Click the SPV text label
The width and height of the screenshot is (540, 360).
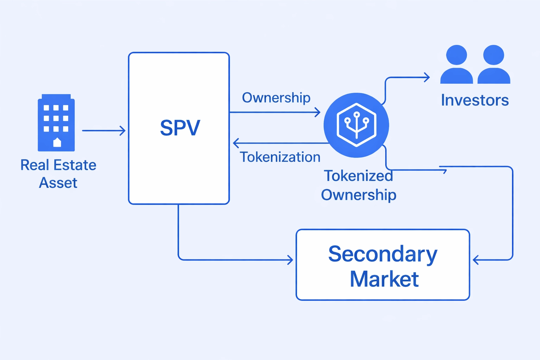click(x=180, y=128)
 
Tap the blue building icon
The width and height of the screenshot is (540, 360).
click(x=56, y=123)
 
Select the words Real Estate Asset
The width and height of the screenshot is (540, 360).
click(x=58, y=174)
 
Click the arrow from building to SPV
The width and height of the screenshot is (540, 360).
click(x=104, y=131)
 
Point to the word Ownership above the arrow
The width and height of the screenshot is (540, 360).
click(x=276, y=98)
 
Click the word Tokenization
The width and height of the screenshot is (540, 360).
click(x=280, y=157)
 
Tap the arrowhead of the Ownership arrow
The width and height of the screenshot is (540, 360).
click(x=317, y=112)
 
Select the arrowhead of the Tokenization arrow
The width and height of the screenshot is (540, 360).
click(x=236, y=143)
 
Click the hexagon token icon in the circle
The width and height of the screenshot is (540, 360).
click(x=356, y=125)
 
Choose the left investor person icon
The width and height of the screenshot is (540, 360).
click(x=456, y=65)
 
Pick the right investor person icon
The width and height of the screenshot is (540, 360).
click(x=494, y=65)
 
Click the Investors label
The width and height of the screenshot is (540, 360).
click(x=475, y=101)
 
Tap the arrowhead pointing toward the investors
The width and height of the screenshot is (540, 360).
click(x=427, y=77)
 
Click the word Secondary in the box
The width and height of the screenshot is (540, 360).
click(x=382, y=254)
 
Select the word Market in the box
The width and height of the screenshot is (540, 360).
click(x=384, y=279)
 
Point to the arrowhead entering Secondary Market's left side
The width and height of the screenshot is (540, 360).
click(x=290, y=260)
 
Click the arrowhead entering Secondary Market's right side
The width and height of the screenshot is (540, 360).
click(x=476, y=260)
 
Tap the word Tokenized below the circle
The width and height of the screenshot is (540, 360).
click(x=358, y=176)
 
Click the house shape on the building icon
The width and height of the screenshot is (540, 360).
click(x=57, y=142)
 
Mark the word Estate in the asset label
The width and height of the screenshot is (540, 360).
click(x=75, y=165)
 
